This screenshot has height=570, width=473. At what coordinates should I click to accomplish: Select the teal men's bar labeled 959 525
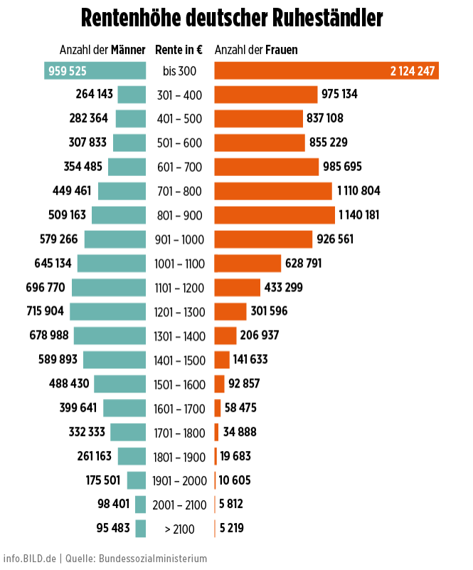coord(95,71)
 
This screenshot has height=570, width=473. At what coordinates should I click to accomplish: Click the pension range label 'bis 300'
coord(179,71)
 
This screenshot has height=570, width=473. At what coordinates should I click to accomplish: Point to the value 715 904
coord(46,311)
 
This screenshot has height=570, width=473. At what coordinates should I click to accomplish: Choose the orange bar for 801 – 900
coord(274,215)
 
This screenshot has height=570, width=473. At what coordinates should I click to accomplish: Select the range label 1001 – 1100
coord(179,264)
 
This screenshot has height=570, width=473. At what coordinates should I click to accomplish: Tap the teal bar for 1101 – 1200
coord(108,288)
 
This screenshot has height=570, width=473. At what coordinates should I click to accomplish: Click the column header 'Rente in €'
coord(179,50)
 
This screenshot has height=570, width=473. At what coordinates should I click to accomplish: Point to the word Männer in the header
coord(128,50)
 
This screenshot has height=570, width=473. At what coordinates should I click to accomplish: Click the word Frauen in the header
coord(282,50)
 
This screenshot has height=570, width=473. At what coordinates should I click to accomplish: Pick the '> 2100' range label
coord(179,529)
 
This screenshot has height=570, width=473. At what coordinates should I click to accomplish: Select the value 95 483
coord(113,528)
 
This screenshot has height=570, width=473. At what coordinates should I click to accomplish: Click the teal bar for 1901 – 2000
coord(137,480)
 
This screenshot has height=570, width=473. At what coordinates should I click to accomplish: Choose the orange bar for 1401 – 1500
coord(221,360)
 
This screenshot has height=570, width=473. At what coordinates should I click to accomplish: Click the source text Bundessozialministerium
coord(153,558)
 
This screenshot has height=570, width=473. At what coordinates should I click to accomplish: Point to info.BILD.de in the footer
coord(29,558)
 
